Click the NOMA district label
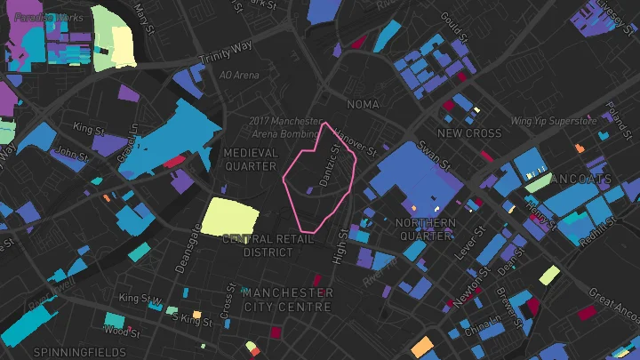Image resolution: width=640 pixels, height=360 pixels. coord(363,105)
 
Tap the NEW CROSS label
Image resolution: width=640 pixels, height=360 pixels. coord(469,133)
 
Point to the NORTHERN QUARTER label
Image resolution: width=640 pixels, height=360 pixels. coord(425,228)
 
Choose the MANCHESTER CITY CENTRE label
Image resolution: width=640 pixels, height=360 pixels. coord(287,300)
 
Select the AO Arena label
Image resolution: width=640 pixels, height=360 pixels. coord(239,76)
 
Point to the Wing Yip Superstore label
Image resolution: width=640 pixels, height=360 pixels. coord(551,121)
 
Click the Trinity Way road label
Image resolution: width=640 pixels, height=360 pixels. coord(226,52)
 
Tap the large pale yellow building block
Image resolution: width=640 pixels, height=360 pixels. coord(231,216)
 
